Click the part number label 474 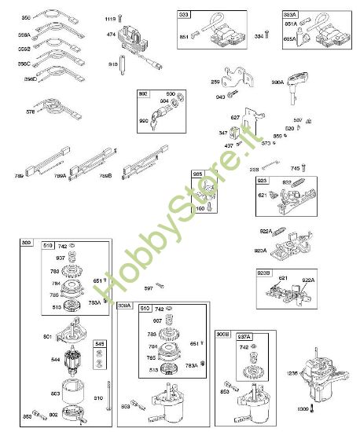[x=112, y=35]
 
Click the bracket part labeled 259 [x=233, y=76]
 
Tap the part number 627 [x=235, y=118]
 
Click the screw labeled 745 [x=307, y=168]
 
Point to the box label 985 [x=198, y=174]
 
